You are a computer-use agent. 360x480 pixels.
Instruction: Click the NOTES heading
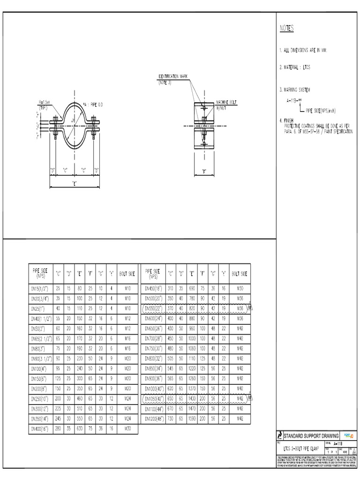[286, 29]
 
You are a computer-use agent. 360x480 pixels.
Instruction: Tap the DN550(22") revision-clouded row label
[154, 308]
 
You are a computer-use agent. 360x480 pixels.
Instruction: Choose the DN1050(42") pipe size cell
[154, 398]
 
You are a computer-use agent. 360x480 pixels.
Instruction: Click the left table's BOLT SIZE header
[128, 273]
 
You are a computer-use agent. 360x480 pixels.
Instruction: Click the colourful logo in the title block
[348, 435]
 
